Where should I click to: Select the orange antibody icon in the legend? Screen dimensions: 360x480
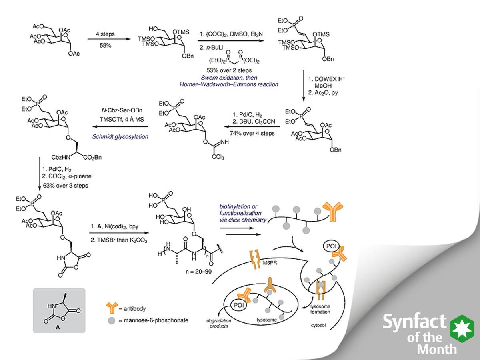pyautogui.click(x=112, y=308)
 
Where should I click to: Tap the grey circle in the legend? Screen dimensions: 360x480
pyautogui.click(x=112, y=320)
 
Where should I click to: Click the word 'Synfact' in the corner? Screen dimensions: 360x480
pyautogui.click(x=415, y=322)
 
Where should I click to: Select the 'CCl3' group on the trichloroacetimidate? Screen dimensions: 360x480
pyautogui.click(x=218, y=157)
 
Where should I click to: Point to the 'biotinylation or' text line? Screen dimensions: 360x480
pyautogui.click(x=236, y=207)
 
